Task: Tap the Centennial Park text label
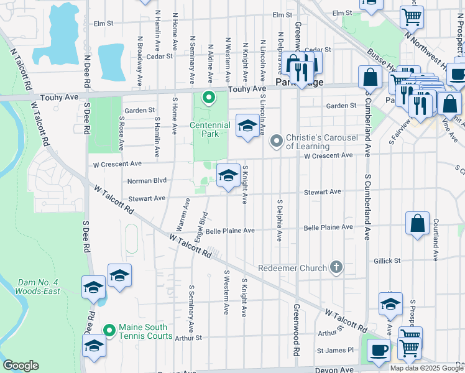(209, 129)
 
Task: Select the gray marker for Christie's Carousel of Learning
(277, 142)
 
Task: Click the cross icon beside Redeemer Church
(336, 268)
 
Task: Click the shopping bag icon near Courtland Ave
(418, 223)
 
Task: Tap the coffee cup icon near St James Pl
(379, 349)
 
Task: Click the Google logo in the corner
(20, 366)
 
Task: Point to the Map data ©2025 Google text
(426, 368)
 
